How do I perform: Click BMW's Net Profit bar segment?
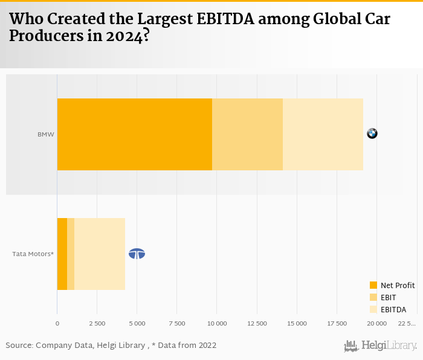[x=134, y=134]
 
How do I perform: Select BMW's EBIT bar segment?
[x=247, y=134]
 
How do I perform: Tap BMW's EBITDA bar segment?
[x=323, y=134]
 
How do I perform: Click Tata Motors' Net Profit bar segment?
[x=62, y=254]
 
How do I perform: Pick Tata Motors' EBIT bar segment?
[x=71, y=254]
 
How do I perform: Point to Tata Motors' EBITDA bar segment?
[x=100, y=254]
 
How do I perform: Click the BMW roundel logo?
[x=372, y=133]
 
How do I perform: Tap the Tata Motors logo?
[x=137, y=254]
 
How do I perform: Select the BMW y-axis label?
[x=46, y=134]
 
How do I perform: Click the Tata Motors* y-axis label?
[x=33, y=254]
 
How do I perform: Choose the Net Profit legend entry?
[x=392, y=285]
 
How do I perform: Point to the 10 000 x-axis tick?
[x=217, y=324]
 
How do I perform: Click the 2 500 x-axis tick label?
[x=97, y=324]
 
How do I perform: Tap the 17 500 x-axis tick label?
[x=337, y=324]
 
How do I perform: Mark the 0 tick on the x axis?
[x=57, y=324]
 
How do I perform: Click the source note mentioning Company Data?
[x=111, y=346]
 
